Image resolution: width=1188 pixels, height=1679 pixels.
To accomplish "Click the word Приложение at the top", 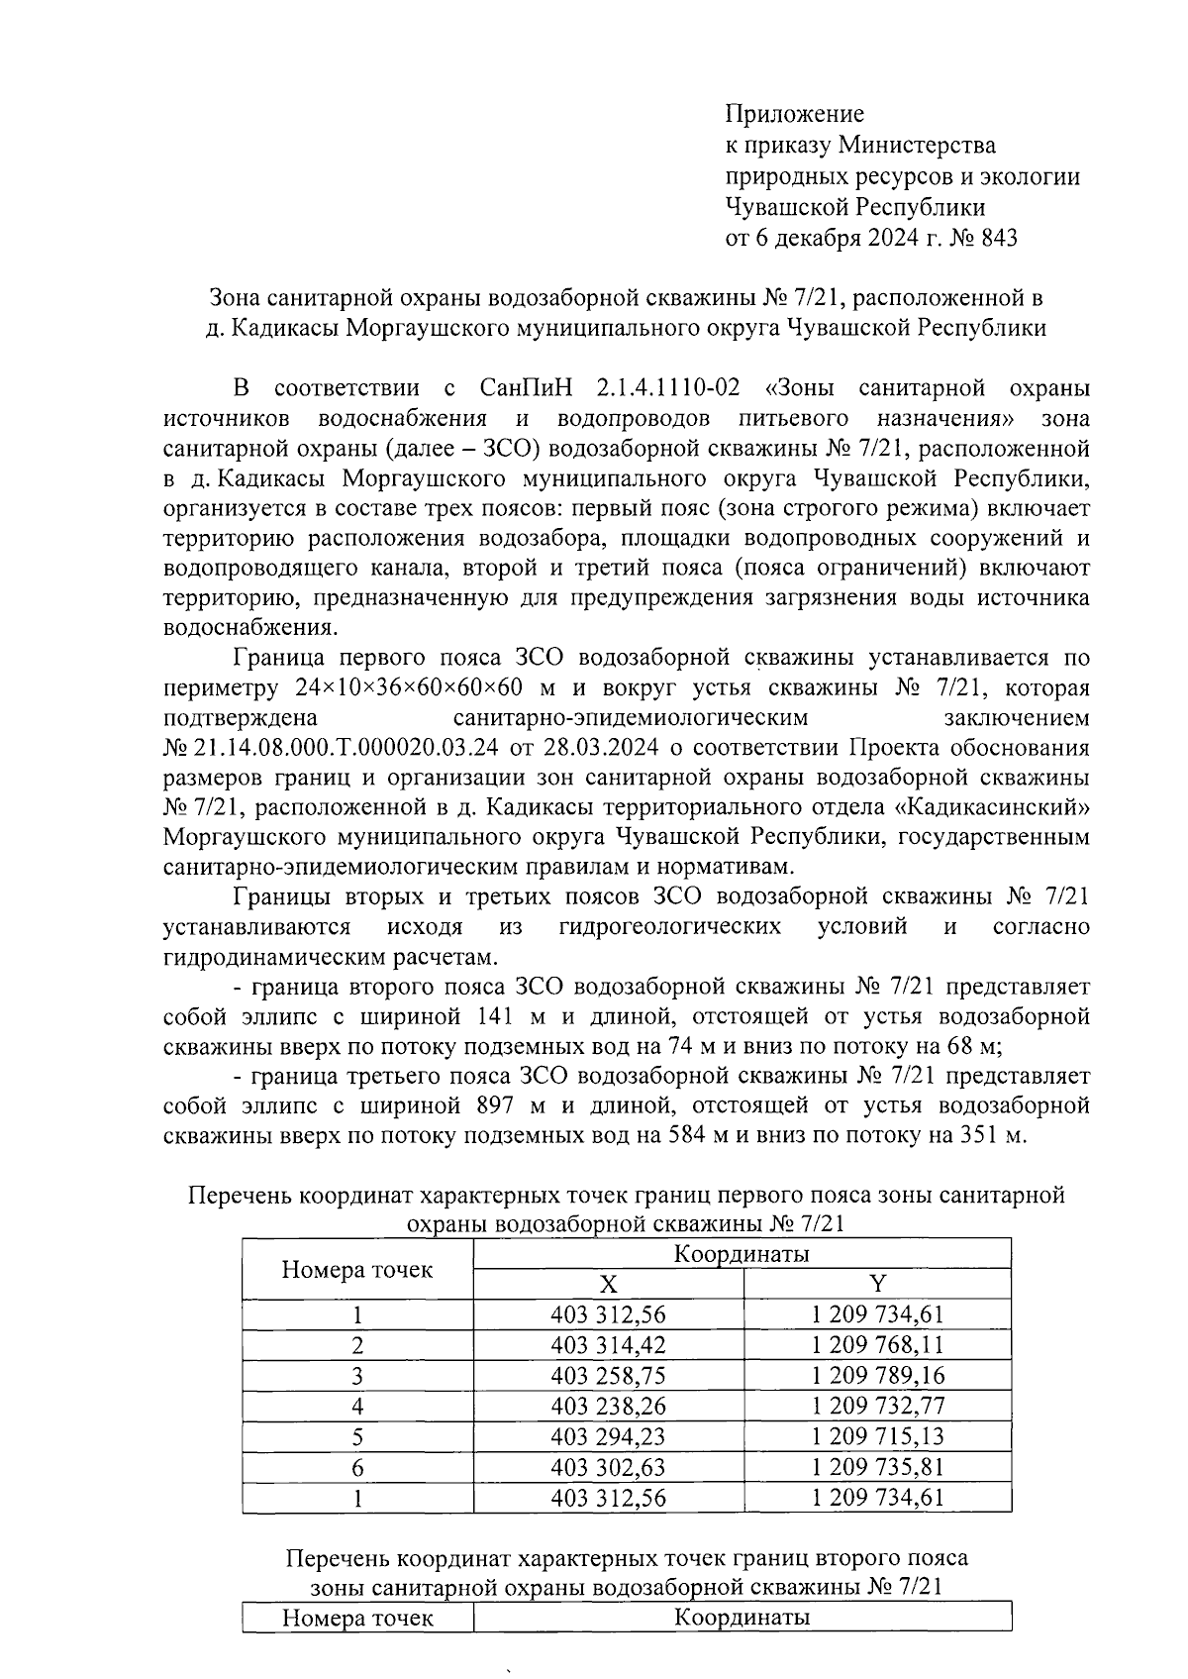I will pos(795,114).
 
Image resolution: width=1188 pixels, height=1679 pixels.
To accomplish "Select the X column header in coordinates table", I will pos(608,1285).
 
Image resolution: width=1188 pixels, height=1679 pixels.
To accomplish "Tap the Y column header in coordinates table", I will pos(877,1285).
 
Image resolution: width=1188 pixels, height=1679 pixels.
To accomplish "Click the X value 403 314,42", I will pos(608,1345).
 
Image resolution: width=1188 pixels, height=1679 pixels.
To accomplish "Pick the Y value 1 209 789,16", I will pos(877,1376).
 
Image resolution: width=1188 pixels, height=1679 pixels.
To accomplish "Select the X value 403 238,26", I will pos(608,1406).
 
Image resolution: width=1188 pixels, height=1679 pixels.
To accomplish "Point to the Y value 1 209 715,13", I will pos(877,1436).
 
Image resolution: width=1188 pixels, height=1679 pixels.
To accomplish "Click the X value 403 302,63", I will pos(608,1467).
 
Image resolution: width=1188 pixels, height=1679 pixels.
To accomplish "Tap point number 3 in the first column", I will pos(357,1376).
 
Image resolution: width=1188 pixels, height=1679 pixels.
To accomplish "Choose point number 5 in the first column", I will pos(357,1436).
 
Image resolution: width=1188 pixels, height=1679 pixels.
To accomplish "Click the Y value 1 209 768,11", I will pos(877,1345).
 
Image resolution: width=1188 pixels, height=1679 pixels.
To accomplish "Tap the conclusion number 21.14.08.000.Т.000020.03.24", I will pos(347,746).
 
